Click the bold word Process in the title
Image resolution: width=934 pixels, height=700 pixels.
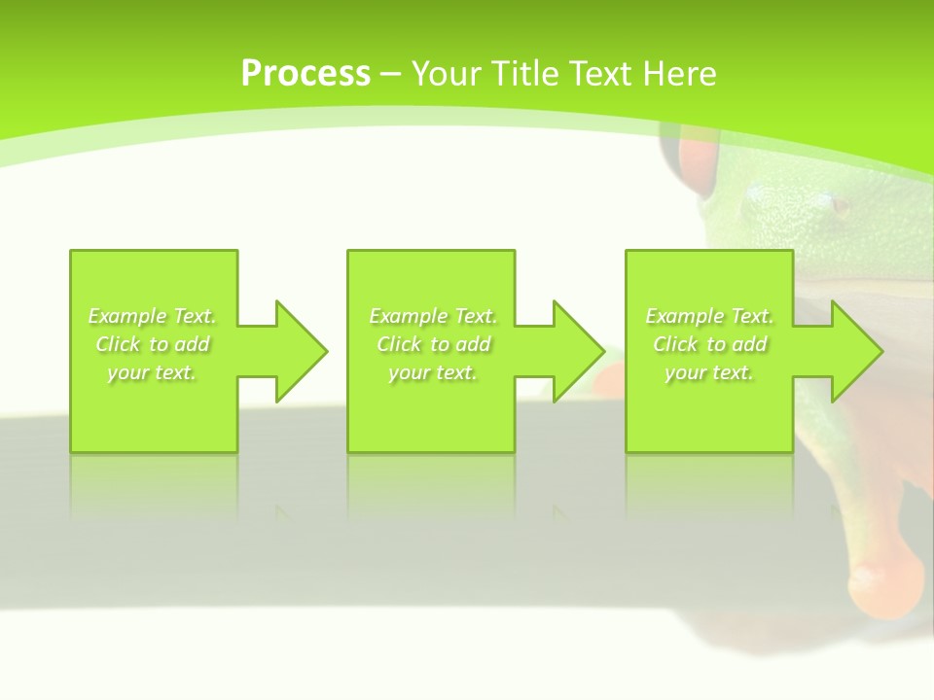[305, 73]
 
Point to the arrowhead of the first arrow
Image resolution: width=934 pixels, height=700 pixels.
[302, 351]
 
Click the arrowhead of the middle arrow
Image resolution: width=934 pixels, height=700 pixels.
[579, 351]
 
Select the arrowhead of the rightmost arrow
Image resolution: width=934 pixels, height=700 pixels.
[856, 351]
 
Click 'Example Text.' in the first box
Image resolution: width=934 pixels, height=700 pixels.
[152, 316]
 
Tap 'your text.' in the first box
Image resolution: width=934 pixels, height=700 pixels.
[152, 372]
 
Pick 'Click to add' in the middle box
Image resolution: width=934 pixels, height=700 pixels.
[433, 344]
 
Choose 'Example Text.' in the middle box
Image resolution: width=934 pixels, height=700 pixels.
[433, 316]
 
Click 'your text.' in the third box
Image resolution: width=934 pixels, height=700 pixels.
[709, 372]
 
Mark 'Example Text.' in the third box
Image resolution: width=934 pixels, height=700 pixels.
[709, 316]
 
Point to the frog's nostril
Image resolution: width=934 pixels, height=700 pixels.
[838, 204]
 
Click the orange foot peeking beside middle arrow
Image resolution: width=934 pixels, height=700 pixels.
[607, 380]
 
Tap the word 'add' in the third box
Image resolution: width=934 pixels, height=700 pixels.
[749, 344]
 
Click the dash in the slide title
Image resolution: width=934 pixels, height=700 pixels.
[390, 74]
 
